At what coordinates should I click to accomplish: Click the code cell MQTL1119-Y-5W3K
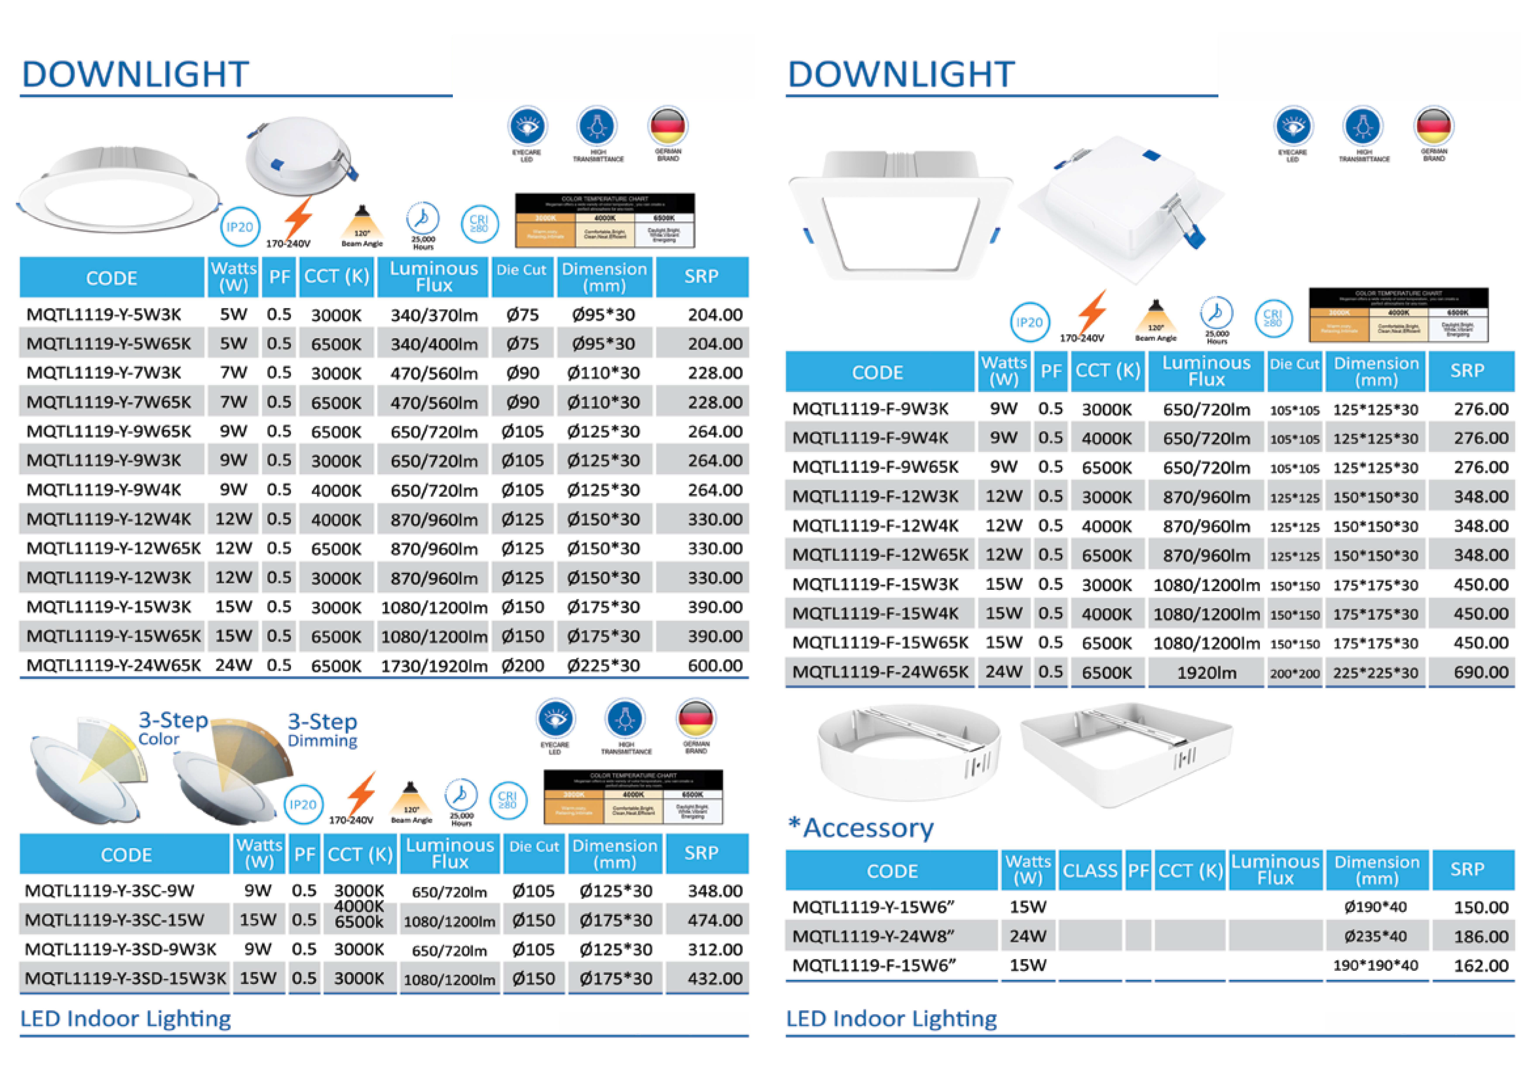pos(104,315)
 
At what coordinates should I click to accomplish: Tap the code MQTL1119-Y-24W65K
pos(114,665)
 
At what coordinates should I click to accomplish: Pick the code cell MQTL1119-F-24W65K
pos(880,672)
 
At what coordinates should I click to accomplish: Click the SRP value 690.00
pos(1480,672)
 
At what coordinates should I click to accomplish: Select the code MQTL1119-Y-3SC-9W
pos(110,891)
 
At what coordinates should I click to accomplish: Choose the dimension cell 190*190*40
pos(1375,966)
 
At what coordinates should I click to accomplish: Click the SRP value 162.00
pos(1480,966)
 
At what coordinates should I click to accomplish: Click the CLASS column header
pos(1090,870)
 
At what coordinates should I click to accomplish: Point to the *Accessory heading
pos(861,828)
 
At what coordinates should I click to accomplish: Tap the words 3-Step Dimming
pos(322,730)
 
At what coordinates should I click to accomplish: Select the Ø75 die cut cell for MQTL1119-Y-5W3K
pos(522,315)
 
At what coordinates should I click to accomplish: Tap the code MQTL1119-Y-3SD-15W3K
pos(125,979)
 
